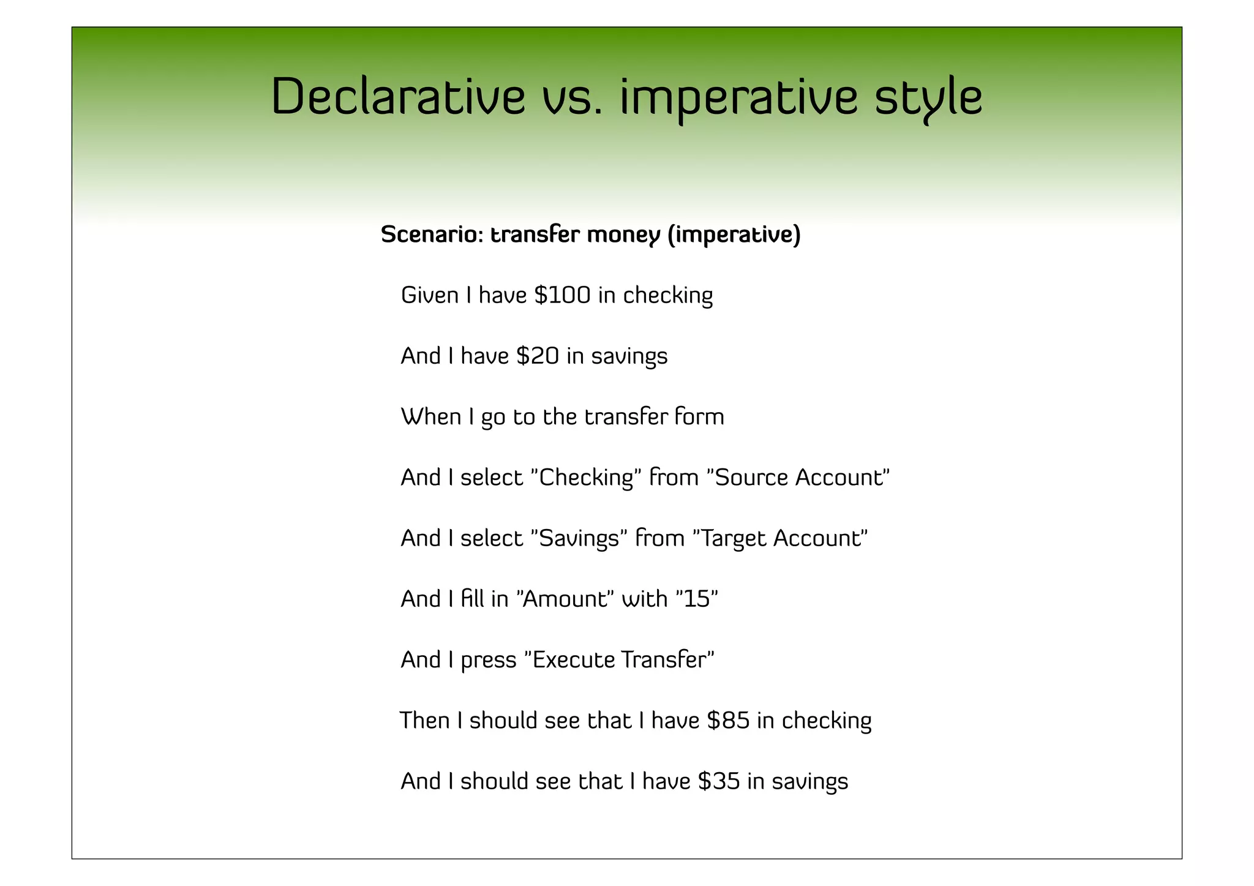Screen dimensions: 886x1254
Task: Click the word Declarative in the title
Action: (398, 97)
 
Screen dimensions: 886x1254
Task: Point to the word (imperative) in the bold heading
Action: (734, 235)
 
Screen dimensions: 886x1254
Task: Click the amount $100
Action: (562, 295)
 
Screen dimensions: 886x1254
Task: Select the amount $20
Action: (538, 356)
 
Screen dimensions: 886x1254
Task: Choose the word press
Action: (489, 660)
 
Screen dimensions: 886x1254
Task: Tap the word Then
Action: (424, 721)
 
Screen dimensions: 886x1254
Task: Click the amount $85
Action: (728, 721)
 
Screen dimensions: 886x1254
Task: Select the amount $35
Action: (719, 781)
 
